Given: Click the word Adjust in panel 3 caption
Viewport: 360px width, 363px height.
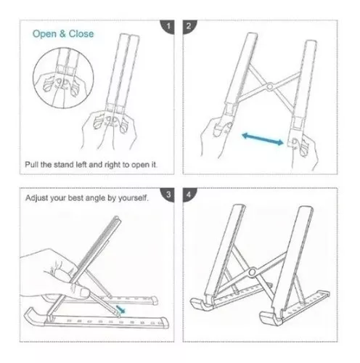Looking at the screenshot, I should coord(38,197).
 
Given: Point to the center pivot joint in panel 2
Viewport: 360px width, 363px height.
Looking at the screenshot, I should coord(269,88).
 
